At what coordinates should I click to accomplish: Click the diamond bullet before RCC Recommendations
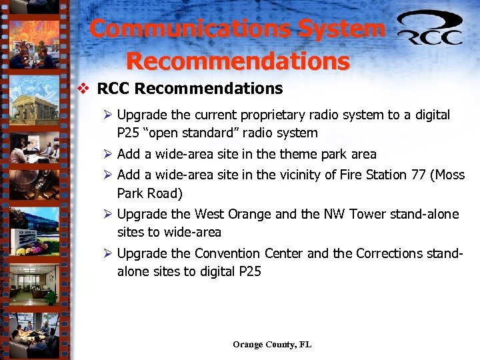[x=84, y=89]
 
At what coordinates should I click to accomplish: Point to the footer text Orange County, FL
[x=272, y=345]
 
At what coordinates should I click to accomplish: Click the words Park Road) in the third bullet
[x=150, y=193]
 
